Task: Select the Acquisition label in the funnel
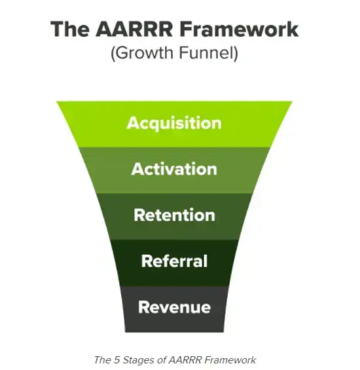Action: coord(174,123)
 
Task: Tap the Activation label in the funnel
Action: coord(174,169)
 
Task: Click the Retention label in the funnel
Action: coord(174,215)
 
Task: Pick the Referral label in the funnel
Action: coord(174,261)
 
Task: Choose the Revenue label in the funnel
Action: coord(174,307)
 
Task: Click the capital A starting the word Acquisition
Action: coord(133,123)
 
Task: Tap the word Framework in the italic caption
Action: coord(230,360)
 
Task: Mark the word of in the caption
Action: coord(164,360)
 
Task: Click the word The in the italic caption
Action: coord(104,360)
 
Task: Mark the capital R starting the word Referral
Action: coord(147,261)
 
